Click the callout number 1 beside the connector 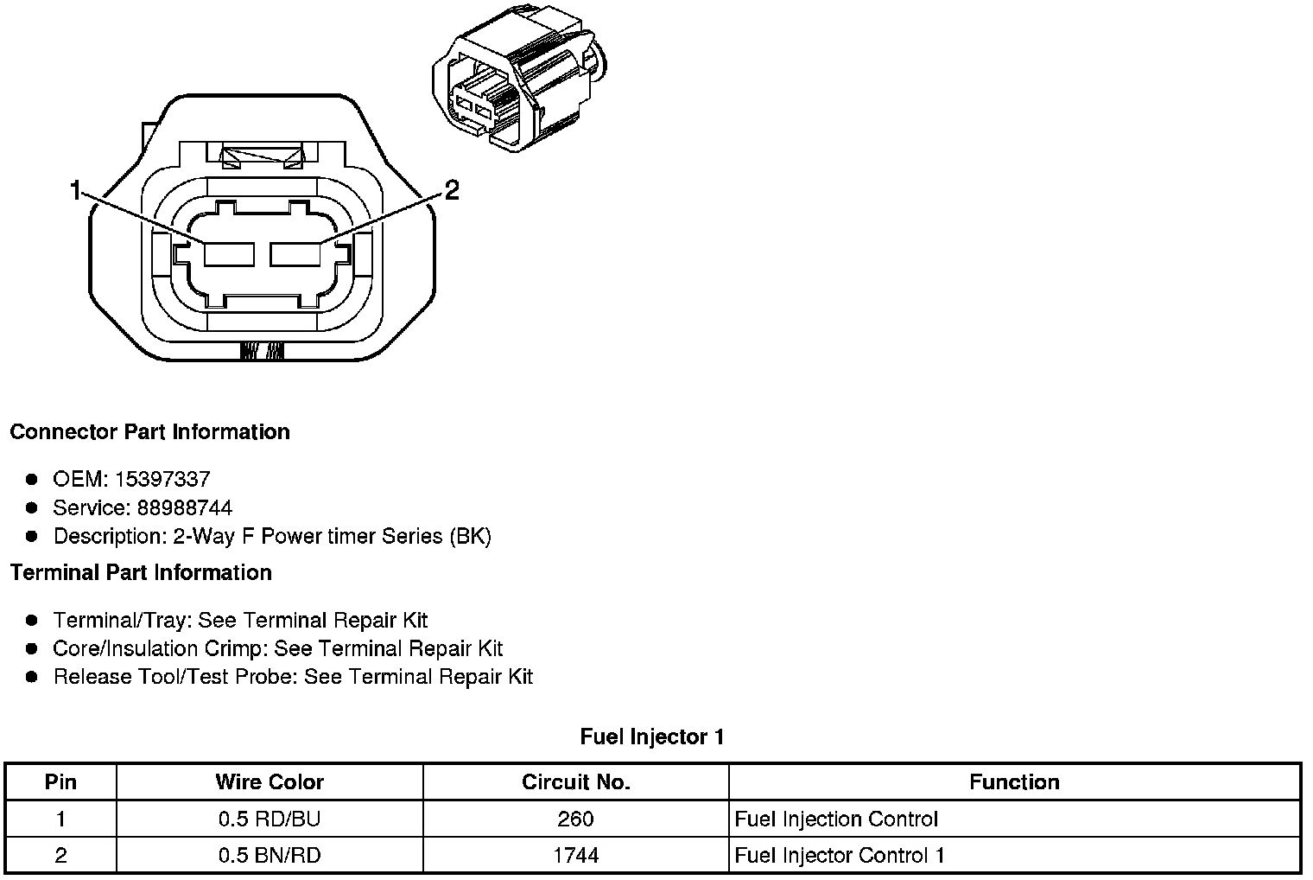pos(77,190)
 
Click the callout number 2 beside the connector pos(451,190)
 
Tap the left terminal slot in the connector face pos(229,254)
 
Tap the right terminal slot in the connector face pos(295,254)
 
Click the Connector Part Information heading pos(149,432)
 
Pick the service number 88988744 pos(184,507)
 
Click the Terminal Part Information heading pos(141,573)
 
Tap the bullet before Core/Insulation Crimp pos(32,648)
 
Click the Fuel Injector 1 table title pos(652,737)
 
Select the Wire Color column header pos(270,782)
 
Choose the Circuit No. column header pos(576,782)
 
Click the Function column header pos(1014,782)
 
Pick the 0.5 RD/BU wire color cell pos(270,819)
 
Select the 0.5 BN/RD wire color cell pos(270,856)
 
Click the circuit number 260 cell pos(576,819)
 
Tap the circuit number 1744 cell pos(576,856)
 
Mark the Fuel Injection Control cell pos(836,819)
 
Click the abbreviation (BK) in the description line pos(470,537)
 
